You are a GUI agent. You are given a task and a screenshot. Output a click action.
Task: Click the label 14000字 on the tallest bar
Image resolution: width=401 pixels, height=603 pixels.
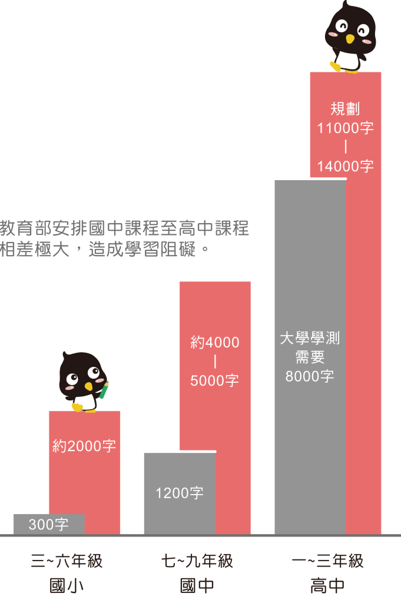pos(346,167)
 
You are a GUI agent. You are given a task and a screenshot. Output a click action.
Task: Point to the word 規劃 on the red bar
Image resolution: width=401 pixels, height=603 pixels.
pos(345,109)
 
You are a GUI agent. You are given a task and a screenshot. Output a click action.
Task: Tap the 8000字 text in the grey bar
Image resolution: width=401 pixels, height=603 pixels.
pos(310,376)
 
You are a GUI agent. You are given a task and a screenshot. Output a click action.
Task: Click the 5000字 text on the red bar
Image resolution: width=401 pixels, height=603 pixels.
pos(214,381)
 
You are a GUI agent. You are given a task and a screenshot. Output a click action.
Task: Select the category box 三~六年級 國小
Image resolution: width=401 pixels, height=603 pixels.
pos(67,572)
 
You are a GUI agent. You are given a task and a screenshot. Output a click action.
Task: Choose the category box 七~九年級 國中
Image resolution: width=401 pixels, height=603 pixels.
pos(197,572)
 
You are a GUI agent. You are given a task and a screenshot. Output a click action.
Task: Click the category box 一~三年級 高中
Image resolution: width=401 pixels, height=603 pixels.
pos(328,572)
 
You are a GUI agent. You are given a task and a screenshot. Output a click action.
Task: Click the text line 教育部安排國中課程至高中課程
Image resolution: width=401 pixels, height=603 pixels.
pos(125,228)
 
